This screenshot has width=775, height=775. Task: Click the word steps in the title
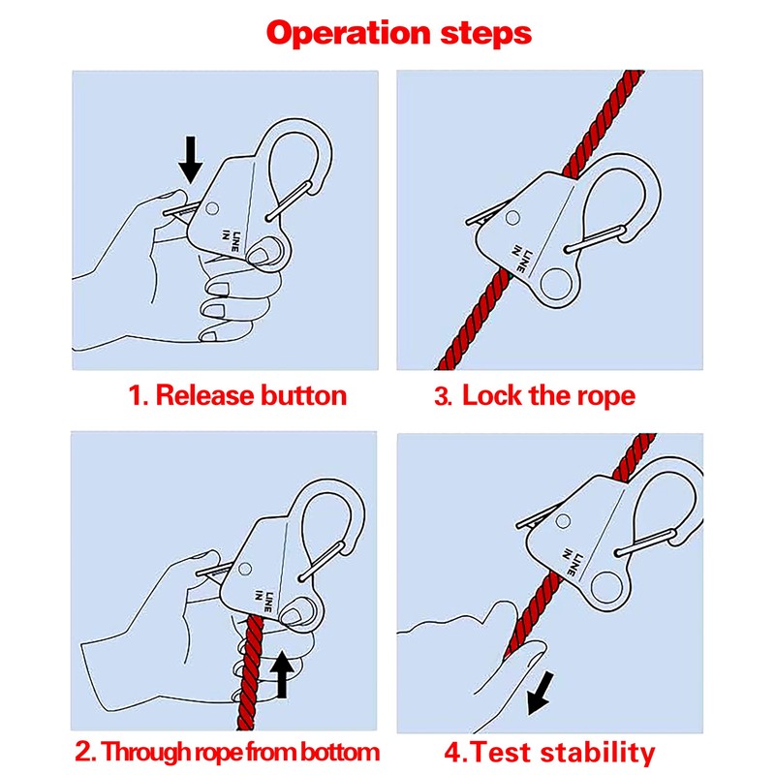tap(486, 33)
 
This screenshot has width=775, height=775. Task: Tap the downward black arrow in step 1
tap(190, 160)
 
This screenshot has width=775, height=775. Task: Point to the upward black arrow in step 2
tap(282, 674)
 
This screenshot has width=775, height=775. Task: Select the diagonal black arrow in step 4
tap(540, 693)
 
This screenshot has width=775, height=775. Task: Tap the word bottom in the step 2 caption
tap(340, 752)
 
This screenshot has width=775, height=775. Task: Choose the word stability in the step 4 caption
tap(597, 753)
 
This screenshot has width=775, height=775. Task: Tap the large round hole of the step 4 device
tap(606, 588)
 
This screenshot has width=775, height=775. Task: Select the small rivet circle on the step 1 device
tap(212, 208)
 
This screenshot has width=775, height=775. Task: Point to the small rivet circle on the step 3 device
tap(513, 217)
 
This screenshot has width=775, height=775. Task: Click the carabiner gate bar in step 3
tap(596, 239)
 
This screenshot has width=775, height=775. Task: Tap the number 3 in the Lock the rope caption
tap(442, 396)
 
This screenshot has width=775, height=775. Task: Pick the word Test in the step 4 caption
tap(501, 753)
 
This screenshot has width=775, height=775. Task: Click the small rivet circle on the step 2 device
tap(245, 569)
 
